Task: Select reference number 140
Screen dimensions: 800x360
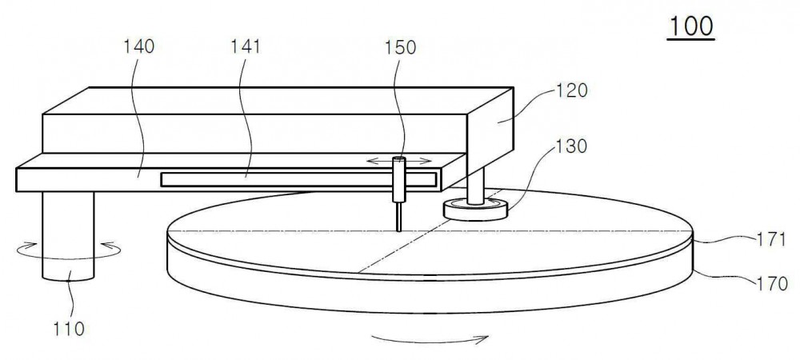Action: click(138, 47)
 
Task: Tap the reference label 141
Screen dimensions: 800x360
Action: click(245, 47)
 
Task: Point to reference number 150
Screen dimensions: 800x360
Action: click(401, 47)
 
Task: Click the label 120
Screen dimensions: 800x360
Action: click(573, 90)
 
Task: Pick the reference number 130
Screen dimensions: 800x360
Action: click(571, 146)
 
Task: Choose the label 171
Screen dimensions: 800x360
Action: click(771, 239)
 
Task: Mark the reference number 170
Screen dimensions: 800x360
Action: click(772, 283)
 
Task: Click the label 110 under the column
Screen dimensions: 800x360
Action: click(68, 330)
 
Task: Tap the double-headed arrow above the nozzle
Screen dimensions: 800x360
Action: click(399, 161)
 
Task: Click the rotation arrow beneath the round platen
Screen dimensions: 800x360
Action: click(430, 338)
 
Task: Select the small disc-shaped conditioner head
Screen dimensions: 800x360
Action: click(475, 210)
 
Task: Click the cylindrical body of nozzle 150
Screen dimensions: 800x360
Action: click(398, 179)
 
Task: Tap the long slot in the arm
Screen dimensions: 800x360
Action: click(299, 179)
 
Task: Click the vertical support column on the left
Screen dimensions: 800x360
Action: click(68, 235)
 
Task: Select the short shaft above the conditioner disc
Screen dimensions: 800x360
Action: click(475, 186)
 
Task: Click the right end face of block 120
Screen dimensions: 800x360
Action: click(490, 133)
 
